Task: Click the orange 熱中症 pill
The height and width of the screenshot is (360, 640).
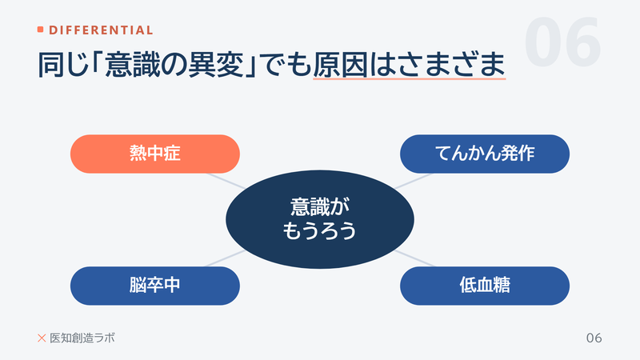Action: click(154, 154)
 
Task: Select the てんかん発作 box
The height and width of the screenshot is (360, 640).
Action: click(485, 154)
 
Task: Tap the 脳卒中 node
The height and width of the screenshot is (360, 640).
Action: click(154, 286)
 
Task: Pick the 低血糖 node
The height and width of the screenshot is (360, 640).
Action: click(485, 286)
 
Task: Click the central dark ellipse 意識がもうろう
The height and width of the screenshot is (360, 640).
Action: click(320, 219)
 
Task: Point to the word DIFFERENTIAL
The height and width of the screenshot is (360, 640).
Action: click(101, 30)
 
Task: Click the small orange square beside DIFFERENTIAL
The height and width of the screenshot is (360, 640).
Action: click(41, 30)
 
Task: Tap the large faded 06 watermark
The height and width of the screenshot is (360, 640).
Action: click(562, 42)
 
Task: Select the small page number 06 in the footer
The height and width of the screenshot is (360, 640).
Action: click(594, 338)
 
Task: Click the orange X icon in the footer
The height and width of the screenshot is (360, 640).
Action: click(42, 338)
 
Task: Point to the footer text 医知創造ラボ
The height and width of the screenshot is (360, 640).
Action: click(82, 338)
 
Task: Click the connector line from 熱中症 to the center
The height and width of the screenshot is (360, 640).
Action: click(226, 182)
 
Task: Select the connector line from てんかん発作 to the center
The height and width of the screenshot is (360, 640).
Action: click(413, 182)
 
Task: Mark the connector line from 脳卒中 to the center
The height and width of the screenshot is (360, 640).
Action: click(225, 258)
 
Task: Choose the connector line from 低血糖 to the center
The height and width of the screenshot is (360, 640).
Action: click(414, 258)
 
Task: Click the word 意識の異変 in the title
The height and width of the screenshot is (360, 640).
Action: click(174, 65)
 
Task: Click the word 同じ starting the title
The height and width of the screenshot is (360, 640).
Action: click(64, 65)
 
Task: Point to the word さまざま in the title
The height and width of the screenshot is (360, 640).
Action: click(438, 65)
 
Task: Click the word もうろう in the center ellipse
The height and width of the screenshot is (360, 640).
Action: click(320, 230)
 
